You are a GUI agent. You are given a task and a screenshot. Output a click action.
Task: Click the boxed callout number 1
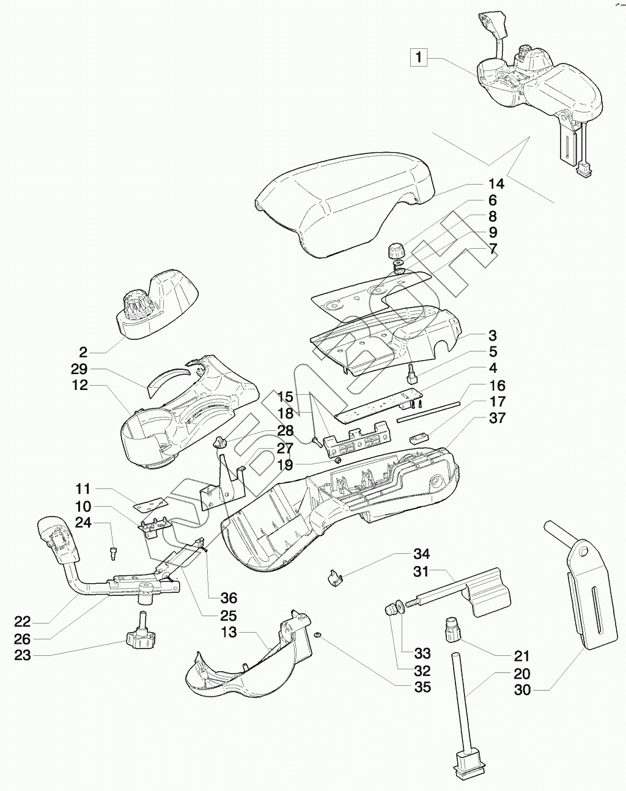point(419,58)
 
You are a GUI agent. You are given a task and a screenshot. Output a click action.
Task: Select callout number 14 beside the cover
point(496,184)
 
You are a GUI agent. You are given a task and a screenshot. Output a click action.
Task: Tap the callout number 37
point(496,419)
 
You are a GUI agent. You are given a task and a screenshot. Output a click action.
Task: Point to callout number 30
point(522,690)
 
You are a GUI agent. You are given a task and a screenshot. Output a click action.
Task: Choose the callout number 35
point(422,687)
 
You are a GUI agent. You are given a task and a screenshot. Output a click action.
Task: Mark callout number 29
point(79,369)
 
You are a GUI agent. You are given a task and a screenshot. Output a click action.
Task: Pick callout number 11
point(83,489)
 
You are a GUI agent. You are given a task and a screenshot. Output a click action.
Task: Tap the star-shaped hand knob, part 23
point(141,641)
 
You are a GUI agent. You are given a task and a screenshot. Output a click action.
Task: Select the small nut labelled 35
point(319,636)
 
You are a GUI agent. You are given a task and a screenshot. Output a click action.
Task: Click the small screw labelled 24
point(113,553)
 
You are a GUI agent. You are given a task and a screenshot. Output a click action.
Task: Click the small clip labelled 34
point(334,577)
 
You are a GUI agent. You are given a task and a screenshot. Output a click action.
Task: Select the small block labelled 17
point(419,438)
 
